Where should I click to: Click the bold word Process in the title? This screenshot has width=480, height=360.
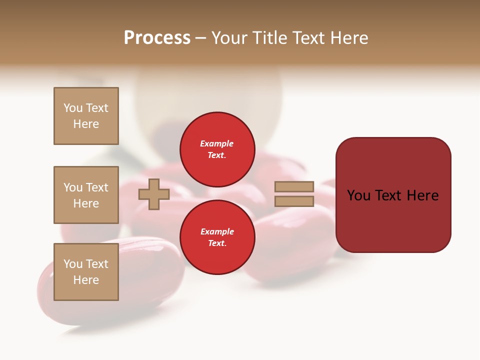[x=157, y=38]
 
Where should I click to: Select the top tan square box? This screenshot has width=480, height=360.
[x=86, y=116]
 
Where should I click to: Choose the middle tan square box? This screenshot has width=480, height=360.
[x=86, y=195]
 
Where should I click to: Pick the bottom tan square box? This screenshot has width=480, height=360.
[x=86, y=272]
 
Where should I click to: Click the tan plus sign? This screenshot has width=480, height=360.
[x=154, y=194]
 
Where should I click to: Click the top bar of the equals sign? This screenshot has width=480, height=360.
[x=294, y=187]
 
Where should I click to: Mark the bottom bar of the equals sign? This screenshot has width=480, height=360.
[x=294, y=201]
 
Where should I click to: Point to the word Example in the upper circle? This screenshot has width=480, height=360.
[x=216, y=143]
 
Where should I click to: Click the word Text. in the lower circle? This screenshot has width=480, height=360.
[x=217, y=243]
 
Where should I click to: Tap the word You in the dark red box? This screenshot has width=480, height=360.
[x=359, y=195]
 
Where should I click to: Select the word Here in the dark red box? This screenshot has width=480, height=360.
[x=422, y=195]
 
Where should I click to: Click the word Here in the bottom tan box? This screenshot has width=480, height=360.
[x=86, y=280]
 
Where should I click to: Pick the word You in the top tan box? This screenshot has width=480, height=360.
[x=73, y=108]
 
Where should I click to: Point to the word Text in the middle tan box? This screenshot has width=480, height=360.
[x=97, y=187]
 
